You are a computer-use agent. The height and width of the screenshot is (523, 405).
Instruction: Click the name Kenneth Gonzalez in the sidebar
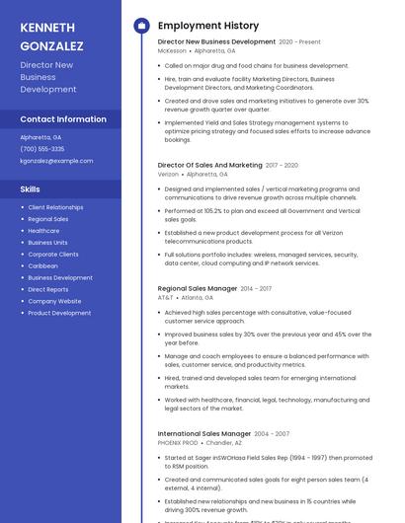[x=51, y=37]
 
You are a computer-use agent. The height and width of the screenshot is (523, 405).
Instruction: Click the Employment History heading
[x=207, y=26]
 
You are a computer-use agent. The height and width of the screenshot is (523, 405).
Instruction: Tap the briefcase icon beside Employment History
[x=140, y=26]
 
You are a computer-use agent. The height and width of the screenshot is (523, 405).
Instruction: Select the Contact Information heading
[x=63, y=119]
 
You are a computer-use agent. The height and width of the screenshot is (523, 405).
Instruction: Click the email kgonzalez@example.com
[x=56, y=160]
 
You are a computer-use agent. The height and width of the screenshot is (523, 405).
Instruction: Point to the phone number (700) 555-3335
[x=42, y=149]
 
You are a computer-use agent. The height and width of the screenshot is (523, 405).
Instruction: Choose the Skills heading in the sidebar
[x=31, y=188]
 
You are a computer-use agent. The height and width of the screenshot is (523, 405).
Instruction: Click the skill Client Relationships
[x=55, y=207]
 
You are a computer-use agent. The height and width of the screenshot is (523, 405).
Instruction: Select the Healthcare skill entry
[x=43, y=231]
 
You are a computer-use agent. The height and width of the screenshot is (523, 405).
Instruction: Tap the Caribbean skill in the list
[x=42, y=265]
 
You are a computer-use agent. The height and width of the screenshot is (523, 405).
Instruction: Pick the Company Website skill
[x=54, y=301]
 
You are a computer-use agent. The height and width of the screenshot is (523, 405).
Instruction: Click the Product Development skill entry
[x=59, y=313]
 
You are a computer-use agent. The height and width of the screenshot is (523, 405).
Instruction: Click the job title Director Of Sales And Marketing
[x=209, y=165]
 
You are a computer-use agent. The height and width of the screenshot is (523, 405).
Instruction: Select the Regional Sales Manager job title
[x=198, y=288]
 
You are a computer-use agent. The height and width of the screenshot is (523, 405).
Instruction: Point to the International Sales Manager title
[x=204, y=433]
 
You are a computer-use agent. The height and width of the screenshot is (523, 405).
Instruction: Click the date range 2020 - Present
[x=299, y=42]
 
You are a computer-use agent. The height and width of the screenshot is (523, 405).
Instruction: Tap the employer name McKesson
[x=172, y=50]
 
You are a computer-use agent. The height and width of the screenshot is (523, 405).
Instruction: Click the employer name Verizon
[x=168, y=174]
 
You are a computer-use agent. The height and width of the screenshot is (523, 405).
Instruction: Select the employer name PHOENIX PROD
[x=178, y=442]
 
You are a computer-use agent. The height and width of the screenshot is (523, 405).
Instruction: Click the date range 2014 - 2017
[x=256, y=288]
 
